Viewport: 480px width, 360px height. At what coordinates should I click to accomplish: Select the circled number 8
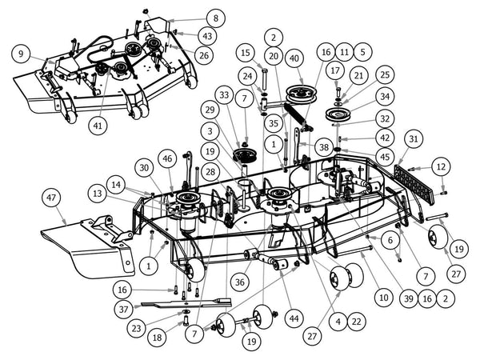click(214, 18)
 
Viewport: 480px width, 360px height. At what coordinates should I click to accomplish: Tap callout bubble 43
click(206, 36)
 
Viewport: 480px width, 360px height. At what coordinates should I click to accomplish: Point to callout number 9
click(21, 54)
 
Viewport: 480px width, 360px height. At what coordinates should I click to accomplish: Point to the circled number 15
click(246, 53)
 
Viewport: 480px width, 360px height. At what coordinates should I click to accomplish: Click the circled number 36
click(240, 281)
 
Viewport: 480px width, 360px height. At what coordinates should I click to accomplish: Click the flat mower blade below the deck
click(184, 303)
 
